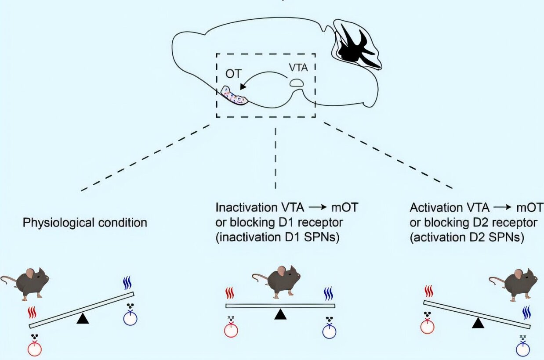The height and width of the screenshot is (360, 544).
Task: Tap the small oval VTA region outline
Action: [x=296, y=83]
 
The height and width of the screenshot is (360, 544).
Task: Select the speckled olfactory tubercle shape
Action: [x=235, y=95]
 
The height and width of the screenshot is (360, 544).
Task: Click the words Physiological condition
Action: [x=85, y=223]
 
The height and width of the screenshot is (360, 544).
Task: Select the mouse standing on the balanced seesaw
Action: [x=277, y=282]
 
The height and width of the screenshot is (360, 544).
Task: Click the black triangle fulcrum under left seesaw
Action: [x=83, y=319]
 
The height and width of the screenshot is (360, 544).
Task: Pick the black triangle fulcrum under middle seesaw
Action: [x=279, y=314]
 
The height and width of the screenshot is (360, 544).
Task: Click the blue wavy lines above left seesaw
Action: [x=127, y=283]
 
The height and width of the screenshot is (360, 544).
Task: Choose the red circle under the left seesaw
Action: [x=35, y=349]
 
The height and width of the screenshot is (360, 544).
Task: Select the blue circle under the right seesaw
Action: [x=523, y=349]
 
